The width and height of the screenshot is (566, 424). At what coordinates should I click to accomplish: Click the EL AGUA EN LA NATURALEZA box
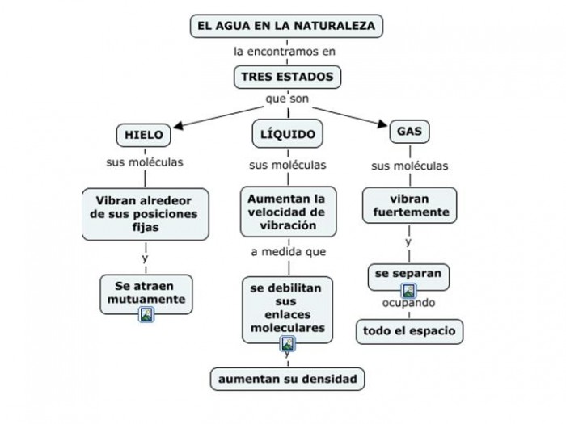click(x=285, y=26)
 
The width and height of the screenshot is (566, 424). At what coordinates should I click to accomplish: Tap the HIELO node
click(x=144, y=134)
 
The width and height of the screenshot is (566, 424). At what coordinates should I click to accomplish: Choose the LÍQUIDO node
click(x=287, y=133)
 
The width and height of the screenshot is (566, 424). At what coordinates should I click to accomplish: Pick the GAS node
click(x=409, y=131)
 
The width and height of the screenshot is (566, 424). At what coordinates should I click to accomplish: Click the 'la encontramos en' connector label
click(x=284, y=52)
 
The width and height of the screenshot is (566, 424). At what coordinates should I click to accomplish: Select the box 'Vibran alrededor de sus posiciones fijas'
click(x=146, y=214)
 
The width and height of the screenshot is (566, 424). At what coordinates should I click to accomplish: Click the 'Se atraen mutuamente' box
click(x=145, y=293)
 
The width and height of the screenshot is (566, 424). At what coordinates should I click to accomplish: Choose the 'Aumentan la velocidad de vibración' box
click(x=286, y=212)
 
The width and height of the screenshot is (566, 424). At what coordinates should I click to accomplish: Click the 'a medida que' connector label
click(x=288, y=251)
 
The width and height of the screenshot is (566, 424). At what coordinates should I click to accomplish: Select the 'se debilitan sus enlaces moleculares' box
click(x=286, y=309)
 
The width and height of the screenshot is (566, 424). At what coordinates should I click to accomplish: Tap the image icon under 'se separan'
click(x=408, y=292)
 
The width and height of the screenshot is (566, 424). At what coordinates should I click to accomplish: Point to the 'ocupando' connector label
click(x=409, y=304)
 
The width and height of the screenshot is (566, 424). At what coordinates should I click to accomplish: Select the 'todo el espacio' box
click(x=409, y=330)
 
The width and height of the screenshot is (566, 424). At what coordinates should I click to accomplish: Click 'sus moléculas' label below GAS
click(x=409, y=166)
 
